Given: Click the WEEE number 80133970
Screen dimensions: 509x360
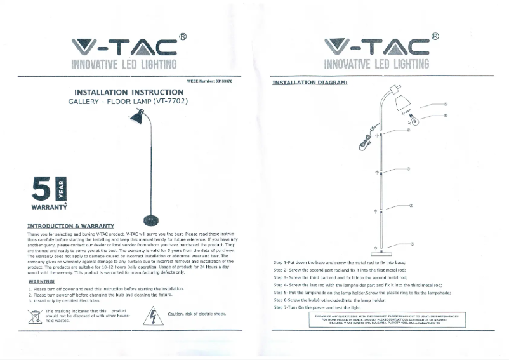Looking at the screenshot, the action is [210, 82].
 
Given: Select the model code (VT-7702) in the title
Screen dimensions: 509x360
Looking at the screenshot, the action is [167, 101].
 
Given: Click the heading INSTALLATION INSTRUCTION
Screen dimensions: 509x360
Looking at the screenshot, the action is [129, 92].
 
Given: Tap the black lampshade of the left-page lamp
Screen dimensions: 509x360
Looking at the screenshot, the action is [135, 118].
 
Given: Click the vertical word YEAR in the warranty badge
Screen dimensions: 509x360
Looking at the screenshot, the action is [62, 188].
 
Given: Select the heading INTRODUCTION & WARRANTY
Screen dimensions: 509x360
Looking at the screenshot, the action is [70, 226].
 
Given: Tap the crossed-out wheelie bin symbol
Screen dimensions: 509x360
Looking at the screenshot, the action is [36, 316].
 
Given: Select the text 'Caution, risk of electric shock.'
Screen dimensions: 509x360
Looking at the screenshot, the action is [197, 314].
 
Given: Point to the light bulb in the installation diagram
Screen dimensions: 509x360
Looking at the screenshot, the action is [413, 118].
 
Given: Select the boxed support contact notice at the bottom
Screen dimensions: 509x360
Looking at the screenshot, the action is [390, 319].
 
